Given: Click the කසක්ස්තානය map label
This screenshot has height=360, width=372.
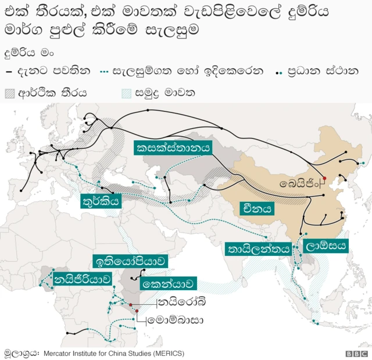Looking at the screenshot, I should (x=173, y=148).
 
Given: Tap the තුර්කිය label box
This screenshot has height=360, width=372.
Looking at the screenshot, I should (x=102, y=202).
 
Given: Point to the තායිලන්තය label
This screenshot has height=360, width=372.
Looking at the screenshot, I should (x=258, y=249).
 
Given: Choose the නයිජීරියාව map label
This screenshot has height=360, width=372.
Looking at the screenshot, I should (x=83, y=279).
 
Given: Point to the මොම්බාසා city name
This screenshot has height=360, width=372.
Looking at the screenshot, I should (x=174, y=320).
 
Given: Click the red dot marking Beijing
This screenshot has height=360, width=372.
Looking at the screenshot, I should (x=324, y=178).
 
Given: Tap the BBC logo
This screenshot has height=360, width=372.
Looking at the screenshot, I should (x=353, y=353).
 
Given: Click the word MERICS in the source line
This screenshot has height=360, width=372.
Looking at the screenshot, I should (x=167, y=352).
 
